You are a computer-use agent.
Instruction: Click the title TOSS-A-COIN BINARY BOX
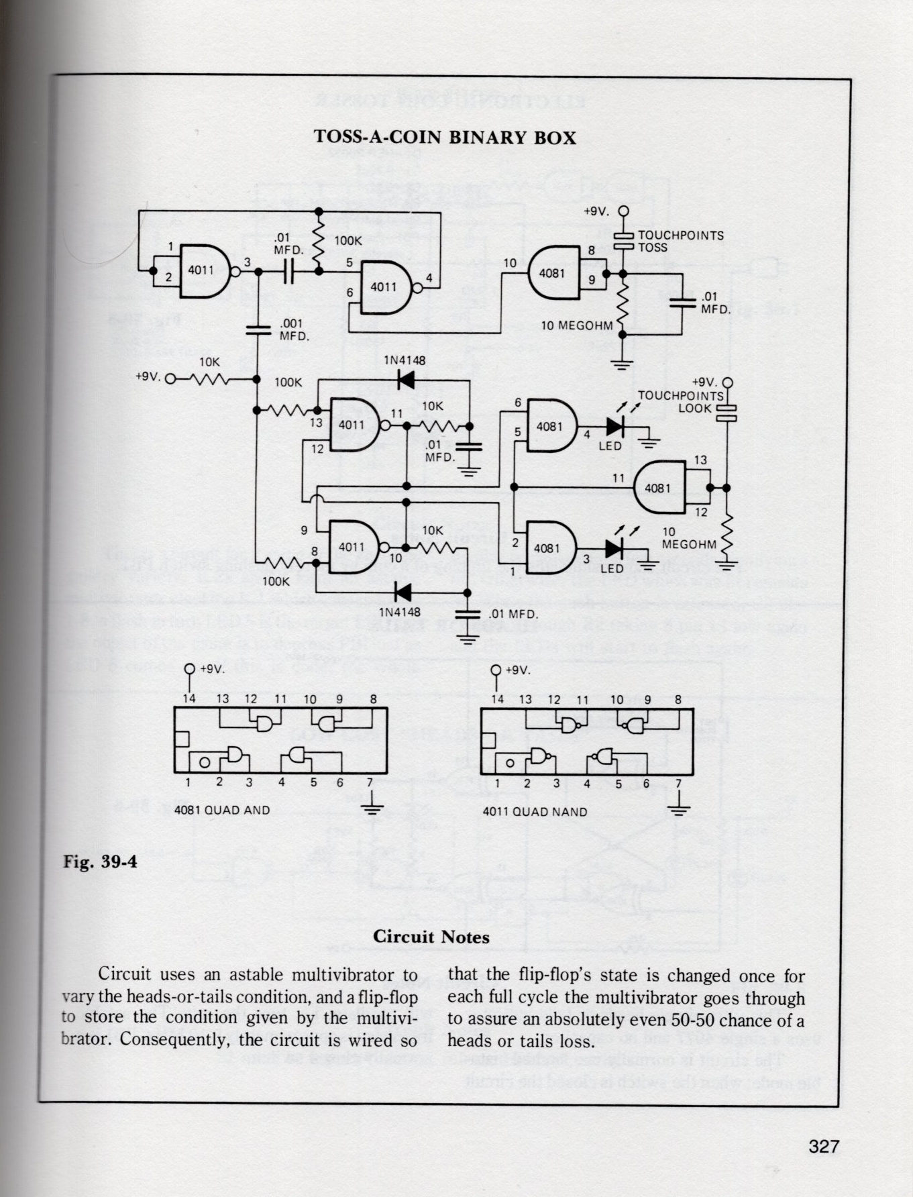tap(445, 138)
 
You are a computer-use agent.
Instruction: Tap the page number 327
tap(824, 1146)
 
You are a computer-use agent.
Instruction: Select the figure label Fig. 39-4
tap(100, 862)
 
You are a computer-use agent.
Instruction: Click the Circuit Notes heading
tap(431, 937)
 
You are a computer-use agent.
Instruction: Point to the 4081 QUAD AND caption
tap(222, 811)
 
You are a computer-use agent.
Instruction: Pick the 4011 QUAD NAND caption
tap(535, 812)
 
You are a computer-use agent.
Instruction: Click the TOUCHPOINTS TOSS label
tap(680, 242)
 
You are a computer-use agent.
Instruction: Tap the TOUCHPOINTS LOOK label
tap(680, 401)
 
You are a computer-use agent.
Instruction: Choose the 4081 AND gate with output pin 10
tap(554, 273)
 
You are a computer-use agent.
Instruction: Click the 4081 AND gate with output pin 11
tap(659, 488)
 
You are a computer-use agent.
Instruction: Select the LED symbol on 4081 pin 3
tap(613, 549)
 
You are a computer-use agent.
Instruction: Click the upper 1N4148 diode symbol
tap(405, 380)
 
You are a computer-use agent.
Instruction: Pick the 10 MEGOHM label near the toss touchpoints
tap(577, 326)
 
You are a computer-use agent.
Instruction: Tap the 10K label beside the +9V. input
tap(209, 362)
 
